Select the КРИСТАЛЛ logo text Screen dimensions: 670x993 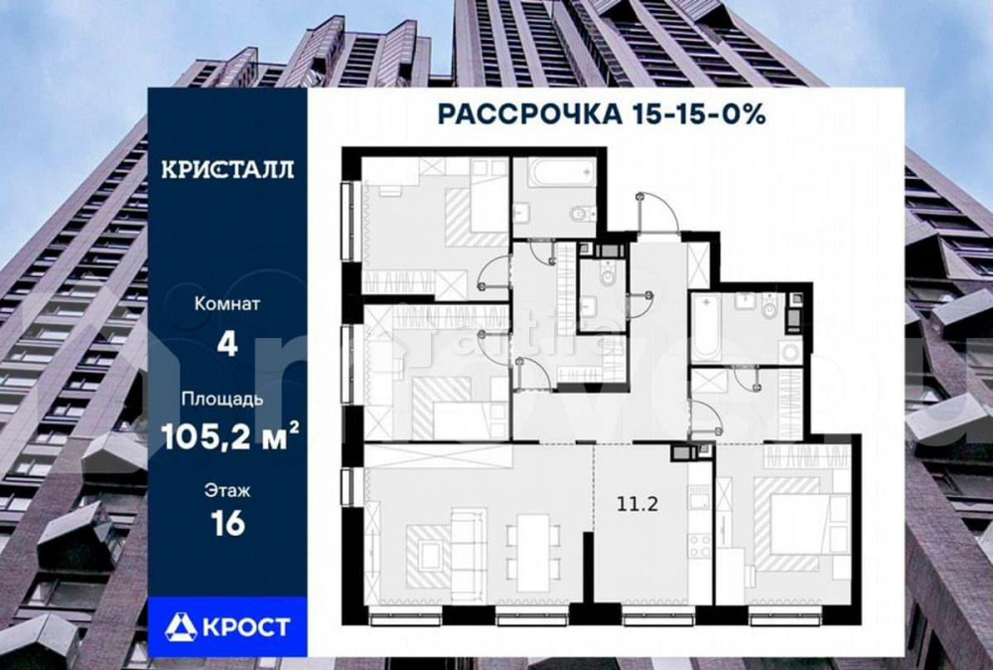click(x=227, y=168)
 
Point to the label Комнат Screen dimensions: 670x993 click(x=227, y=304)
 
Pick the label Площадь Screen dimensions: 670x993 click(x=227, y=401)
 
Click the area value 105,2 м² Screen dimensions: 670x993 click(x=227, y=437)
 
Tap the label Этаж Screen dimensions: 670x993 click(x=227, y=490)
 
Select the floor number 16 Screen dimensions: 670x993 click(x=227, y=524)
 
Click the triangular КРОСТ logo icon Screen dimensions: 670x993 click(x=181, y=626)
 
